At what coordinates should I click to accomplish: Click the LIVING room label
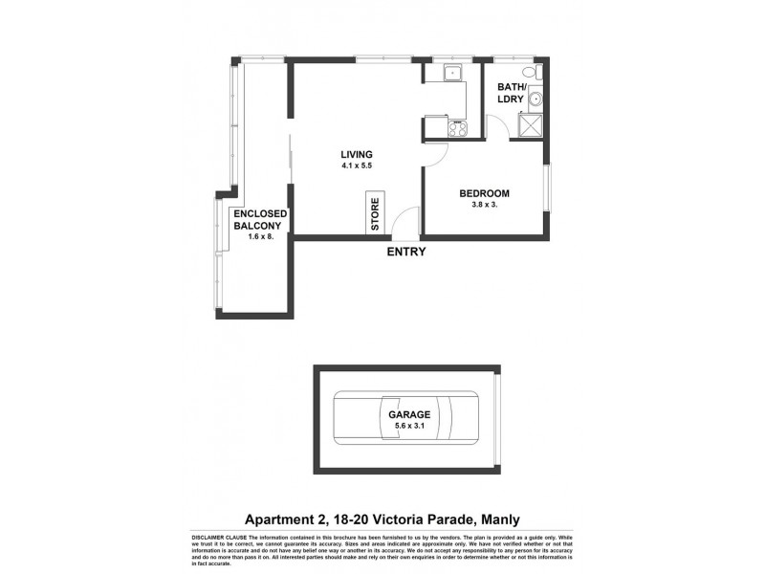[x=357, y=154]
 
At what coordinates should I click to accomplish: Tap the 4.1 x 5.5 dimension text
[x=357, y=166]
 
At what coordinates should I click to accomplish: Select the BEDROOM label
[x=484, y=193]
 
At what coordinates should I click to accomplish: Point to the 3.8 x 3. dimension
[x=484, y=205]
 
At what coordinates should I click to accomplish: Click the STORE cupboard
[x=375, y=214]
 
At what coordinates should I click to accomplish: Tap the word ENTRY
[x=405, y=253]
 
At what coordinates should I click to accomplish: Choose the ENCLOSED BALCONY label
[x=254, y=220]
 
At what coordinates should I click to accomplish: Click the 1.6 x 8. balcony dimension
[x=254, y=237]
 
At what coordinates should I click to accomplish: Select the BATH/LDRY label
[x=511, y=93]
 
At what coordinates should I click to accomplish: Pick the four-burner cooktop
[x=456, y=128]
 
